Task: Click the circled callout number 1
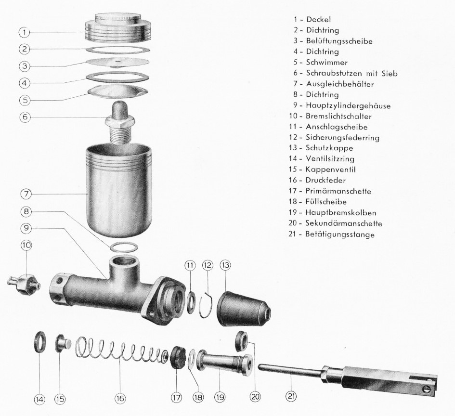point(25,32)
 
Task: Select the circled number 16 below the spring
point(120,398)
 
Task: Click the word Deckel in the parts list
point(319,20)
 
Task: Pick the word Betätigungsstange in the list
point(340,234)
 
